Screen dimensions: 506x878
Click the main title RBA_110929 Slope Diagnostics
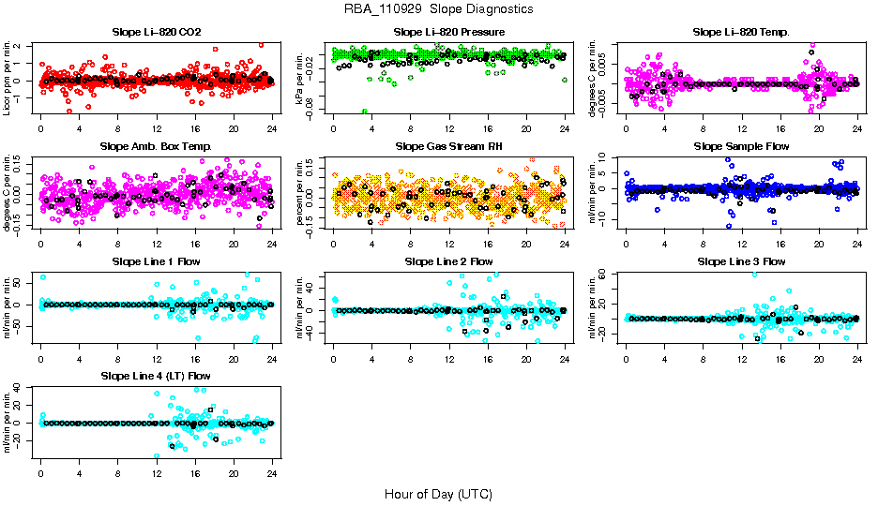click(438, 8)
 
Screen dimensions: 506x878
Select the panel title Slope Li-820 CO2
click(157, 33)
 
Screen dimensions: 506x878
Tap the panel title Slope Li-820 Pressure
click(449, 33)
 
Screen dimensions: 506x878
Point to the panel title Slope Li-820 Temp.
click(741, 33)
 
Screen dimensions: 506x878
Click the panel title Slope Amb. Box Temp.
click(157, 147)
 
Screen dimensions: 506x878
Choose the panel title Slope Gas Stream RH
click(449, 147)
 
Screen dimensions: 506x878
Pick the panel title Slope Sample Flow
click(741, 147)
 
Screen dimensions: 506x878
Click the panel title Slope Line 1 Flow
click(157, 261)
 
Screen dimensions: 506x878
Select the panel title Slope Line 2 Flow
click(449, 261)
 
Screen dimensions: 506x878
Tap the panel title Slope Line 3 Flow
click(741, 261)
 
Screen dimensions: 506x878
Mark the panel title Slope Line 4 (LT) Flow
click(157, 376)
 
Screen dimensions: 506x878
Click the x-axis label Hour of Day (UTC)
click(438, 494)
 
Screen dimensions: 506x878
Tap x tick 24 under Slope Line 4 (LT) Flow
click(272, 472)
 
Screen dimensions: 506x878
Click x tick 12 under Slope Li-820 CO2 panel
click(157, 129)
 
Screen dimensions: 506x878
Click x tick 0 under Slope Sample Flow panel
click(626, 244)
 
